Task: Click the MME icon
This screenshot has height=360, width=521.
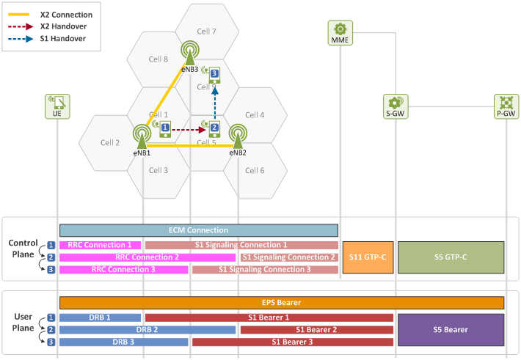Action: (340, 32)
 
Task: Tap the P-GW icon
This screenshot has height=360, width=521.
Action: (506, 106)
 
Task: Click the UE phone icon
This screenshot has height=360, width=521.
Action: (57, 106)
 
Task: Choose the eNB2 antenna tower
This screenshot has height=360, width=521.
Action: (238, 136)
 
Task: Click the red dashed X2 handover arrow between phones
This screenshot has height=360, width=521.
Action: (189, 130)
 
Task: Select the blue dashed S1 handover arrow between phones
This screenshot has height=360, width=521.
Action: (215, 103)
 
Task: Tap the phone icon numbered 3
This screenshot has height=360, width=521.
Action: (214, 76)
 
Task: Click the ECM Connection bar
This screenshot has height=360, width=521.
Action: (199, 230)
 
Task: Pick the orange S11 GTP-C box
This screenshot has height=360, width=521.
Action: (368, 257)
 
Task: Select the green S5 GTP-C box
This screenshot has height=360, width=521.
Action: (451, 257)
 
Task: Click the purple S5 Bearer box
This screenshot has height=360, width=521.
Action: (451, 330)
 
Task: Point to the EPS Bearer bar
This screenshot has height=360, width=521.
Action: (282, 303)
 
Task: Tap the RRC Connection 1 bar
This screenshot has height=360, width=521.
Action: (100, 245)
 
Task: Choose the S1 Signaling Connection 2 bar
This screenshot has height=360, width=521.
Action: (289, 257)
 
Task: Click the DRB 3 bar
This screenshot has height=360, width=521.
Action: (123, 342)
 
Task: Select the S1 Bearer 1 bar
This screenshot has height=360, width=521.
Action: (269, 317)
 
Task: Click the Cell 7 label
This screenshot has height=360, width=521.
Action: (206, 32)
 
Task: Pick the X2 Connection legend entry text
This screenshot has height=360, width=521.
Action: (67, 15)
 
